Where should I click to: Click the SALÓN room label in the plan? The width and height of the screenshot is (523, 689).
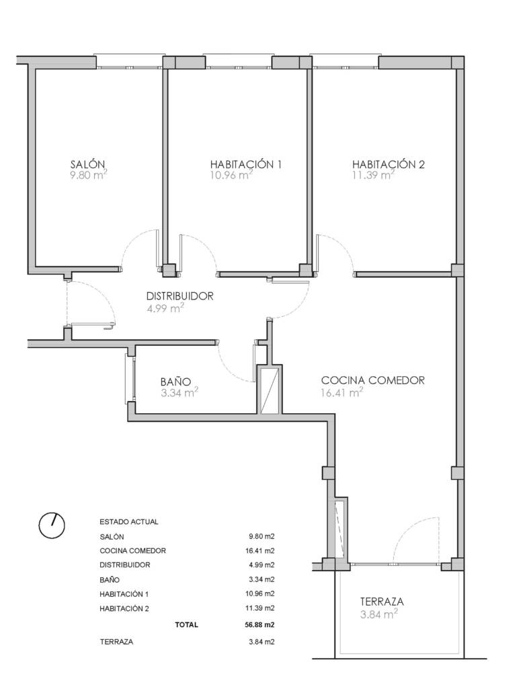[87, 164]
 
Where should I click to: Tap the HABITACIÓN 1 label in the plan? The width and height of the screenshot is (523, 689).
[245, 164]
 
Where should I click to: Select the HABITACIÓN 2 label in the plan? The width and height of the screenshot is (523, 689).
[388, 164]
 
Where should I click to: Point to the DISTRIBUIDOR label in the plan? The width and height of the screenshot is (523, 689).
[179, 296]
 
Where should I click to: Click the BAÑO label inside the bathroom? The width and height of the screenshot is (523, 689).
[175, 381]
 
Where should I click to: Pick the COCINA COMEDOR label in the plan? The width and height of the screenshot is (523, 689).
[373, 380]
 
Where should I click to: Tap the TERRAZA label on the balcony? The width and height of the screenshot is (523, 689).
[382, 601]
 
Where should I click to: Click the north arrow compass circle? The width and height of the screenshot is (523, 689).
[52, 525]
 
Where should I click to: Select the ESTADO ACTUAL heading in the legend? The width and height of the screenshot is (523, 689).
[128, 522]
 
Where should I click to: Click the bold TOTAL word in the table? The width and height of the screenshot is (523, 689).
[187, 624]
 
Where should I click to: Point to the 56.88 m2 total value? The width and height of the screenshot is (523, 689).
[261, 624]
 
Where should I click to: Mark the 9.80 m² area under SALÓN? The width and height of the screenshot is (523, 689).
[89, 175]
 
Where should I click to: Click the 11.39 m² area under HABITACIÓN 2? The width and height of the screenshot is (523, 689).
[373, 175]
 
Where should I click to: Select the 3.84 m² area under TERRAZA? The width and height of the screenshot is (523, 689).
[379, 614]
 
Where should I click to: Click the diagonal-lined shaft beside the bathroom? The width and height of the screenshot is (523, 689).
[269, 391]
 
